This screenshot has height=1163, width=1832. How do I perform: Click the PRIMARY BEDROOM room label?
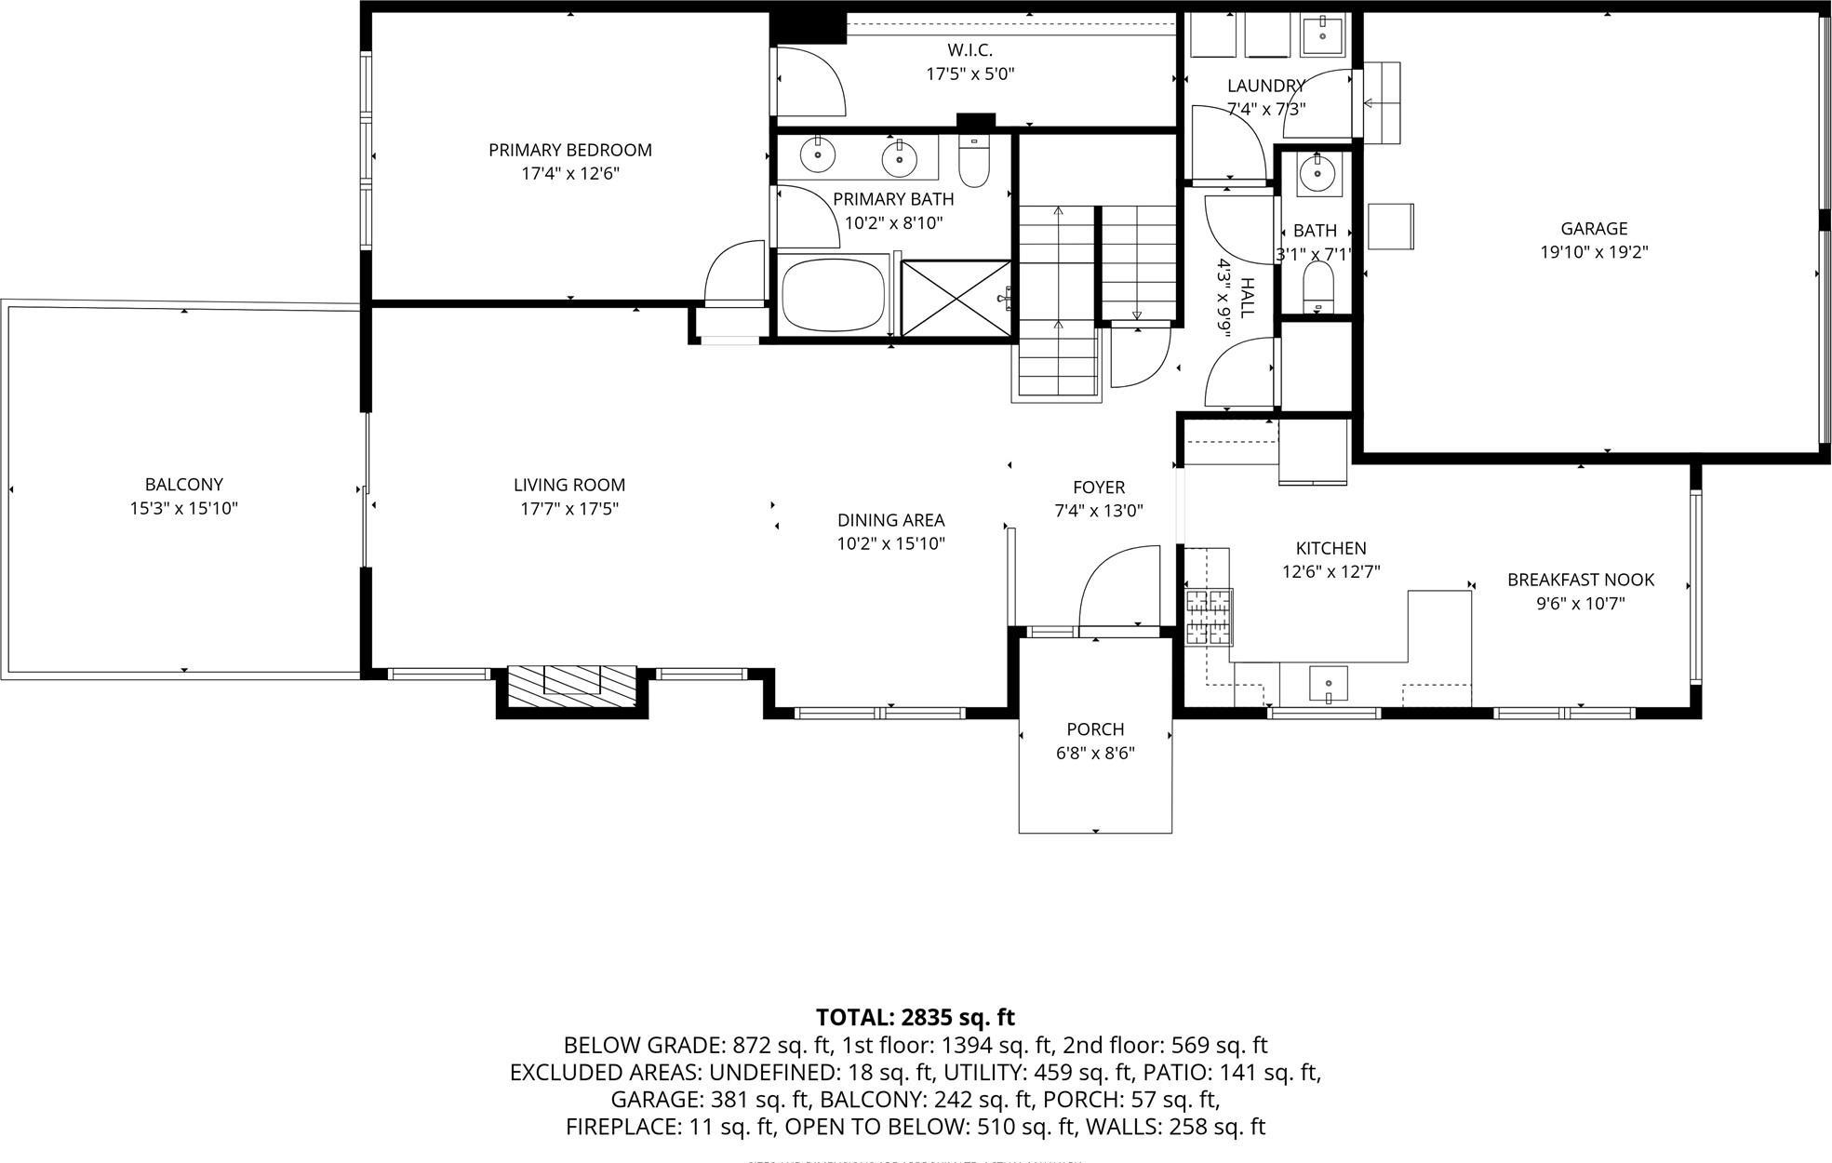tap(569, 150)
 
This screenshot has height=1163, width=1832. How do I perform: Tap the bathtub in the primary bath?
tap(831, 295)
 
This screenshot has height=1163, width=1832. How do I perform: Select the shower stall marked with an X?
tap(956, 298)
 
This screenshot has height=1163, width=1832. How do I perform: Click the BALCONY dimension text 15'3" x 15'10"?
tap(183, 508)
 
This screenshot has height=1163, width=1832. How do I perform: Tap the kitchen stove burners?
tap(1208, 617)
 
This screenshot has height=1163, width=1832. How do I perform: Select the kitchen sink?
tap(1328, 683)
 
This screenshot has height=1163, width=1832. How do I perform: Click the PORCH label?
tap(1095, 729)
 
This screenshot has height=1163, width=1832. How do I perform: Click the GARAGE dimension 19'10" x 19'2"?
tap(1594, 252)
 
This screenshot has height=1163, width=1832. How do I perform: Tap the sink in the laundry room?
tap(1322, 36)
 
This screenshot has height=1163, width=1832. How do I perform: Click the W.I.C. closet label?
tap(969, 50)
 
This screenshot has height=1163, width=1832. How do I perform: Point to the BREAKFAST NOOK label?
tap(1580, 580)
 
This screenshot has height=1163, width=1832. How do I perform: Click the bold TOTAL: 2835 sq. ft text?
tap(915, 1017)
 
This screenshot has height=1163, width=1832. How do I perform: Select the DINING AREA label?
tap(890, 520)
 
